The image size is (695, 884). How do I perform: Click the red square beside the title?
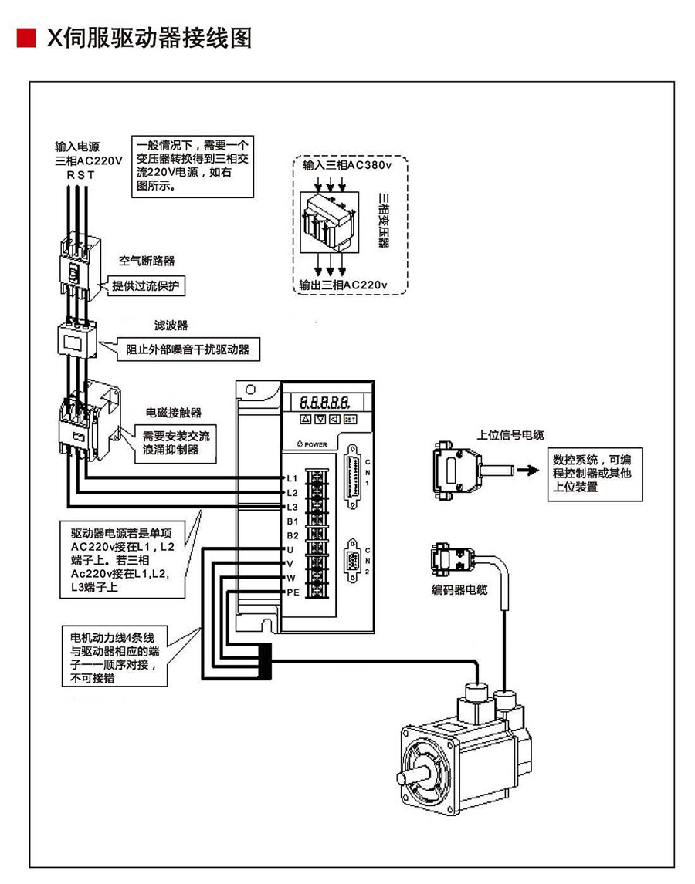[x=26, y=37]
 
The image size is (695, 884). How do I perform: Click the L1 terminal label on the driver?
[x=292, y=477]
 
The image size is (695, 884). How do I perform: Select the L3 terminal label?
[x=292, y=507]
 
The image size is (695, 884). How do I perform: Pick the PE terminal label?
[x=293, y=592]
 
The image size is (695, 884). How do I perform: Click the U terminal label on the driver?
[x=290, y=549]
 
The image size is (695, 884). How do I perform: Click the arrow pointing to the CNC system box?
[x=529, y=469]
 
